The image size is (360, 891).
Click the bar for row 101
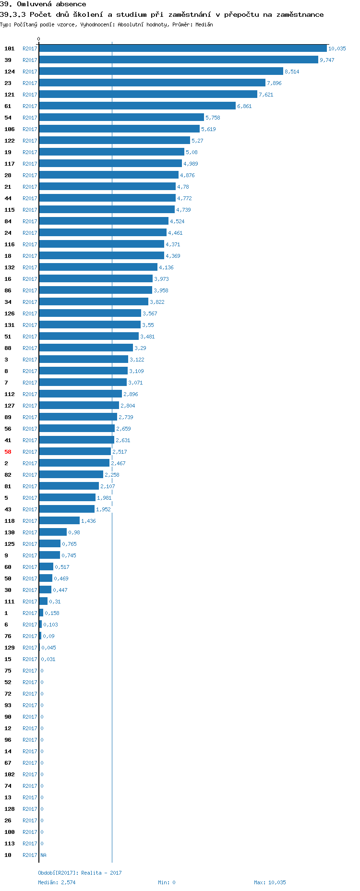coord(182,48)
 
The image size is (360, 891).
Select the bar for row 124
coord(161,72)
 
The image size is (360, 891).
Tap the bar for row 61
coord(137,106)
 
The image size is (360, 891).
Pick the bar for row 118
coord(59,521)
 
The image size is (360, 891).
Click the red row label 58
coord(8,452)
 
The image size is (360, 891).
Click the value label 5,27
coord(197,141)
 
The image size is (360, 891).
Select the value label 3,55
coord(148,325)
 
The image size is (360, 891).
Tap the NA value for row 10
coord(43,855)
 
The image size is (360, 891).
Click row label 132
coord(10,267)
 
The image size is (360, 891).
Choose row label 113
coord(10,843)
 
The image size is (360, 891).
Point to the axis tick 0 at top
coord(39,39)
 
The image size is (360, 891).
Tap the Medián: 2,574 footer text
coord(57,882)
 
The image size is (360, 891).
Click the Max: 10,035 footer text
coord(270,882)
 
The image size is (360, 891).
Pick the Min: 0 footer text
coord(167,882)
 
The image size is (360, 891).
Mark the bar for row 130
coord(53,532)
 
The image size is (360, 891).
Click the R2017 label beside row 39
coord(30,60)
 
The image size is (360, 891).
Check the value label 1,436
coord(88,521)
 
